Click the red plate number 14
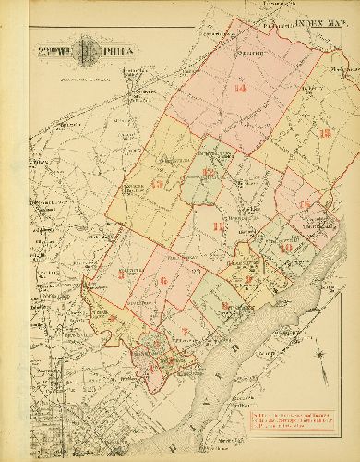(x=241, y=89)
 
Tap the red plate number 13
(x=324, y=133)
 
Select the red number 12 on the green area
(x=210, y=173)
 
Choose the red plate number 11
(x=218, y=226)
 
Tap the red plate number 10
(x=286, y=248)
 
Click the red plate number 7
(x=185, y=331)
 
